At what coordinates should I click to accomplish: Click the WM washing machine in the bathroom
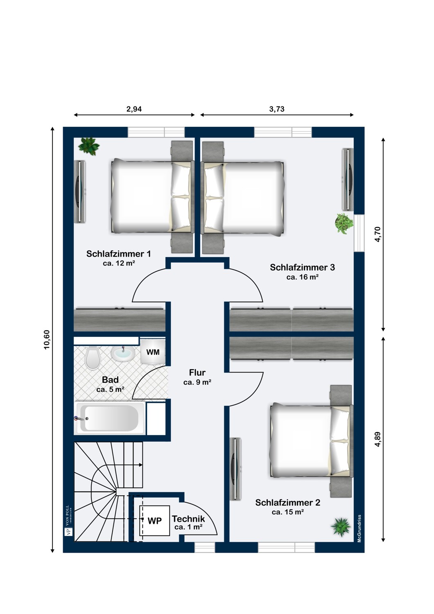[x=153, y=352]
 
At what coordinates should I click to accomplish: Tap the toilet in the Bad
[x=93, y=358]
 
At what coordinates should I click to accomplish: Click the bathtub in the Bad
[x=111, y=418]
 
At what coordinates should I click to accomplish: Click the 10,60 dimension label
[x=47, y=340]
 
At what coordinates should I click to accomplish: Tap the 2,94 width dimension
[x=134, y=109]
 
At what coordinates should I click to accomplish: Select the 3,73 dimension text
[x=277, y=109]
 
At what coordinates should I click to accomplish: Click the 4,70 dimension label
[x=377, y=235]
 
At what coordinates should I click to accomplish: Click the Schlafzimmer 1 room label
[x=119, y=254]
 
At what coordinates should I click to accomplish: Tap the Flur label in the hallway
[x=197, y=372]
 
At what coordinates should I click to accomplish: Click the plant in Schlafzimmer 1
[x=88, y=147]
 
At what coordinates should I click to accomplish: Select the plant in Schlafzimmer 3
[x=344, y=223]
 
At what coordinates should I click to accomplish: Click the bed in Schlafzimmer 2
[x=312, y=442]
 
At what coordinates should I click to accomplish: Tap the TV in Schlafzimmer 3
[x=347, y=180]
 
